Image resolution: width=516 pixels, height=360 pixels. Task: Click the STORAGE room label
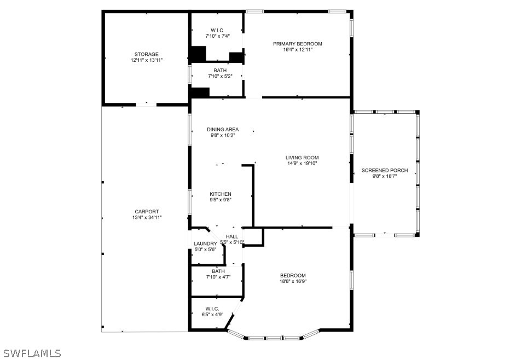click(147, 54)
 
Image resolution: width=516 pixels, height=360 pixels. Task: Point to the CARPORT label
click(147, 212)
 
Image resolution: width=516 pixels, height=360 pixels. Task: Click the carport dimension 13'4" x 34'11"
click(147, 218)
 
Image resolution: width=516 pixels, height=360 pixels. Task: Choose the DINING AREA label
click(223, 130)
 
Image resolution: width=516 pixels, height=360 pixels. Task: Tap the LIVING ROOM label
click(302, 158)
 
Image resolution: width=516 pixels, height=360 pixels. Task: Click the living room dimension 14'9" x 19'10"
click(302, 164)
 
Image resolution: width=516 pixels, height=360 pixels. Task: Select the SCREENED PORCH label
click(385, 171)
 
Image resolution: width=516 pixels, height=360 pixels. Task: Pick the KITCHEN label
click(221, 194)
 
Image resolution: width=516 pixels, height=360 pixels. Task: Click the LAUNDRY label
click(205, 243)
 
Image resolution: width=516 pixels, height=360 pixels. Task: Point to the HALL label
click(232, 236)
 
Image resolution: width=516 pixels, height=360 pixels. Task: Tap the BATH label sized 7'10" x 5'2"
click(220, 71)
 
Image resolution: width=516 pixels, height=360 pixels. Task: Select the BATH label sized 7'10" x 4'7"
click(218, 271)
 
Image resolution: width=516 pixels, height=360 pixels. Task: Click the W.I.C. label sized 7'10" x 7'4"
click(217, 30)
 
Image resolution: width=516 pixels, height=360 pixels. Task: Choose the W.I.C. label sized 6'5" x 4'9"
click(212, 309)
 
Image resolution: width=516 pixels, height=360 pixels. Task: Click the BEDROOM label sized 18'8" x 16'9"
click(293, 276)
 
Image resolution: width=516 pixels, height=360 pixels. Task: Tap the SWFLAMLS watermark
click(31, 353)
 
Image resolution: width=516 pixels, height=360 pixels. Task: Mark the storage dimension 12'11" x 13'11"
click(147, 60)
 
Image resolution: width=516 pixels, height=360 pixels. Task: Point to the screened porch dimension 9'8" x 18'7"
click(385, 177)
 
